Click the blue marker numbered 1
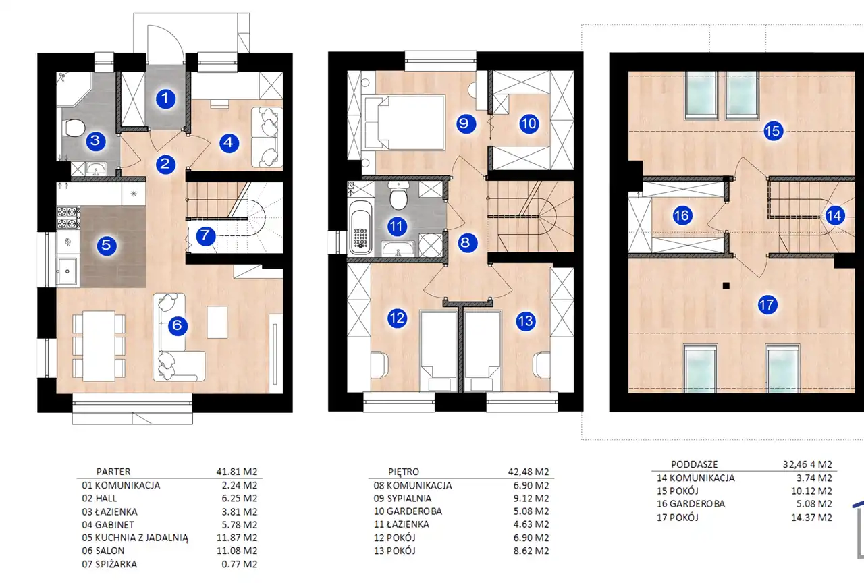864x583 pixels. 165,99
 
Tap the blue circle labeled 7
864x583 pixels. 205,235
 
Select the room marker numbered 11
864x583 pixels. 396,226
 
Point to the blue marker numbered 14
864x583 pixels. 834,215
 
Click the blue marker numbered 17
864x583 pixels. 767,305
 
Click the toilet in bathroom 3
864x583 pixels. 74,128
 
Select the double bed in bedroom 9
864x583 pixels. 404,123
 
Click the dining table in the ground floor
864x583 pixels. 99,346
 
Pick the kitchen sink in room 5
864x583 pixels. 67,271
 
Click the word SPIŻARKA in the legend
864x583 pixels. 115,564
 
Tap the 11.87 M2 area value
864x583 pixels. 237,538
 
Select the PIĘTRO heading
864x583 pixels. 404,472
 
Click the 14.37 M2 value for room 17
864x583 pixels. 811,517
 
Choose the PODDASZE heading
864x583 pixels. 695,464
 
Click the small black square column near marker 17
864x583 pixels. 726,285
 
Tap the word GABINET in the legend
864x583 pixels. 115,525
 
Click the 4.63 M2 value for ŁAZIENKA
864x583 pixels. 531,524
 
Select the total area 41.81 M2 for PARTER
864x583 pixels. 237,472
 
